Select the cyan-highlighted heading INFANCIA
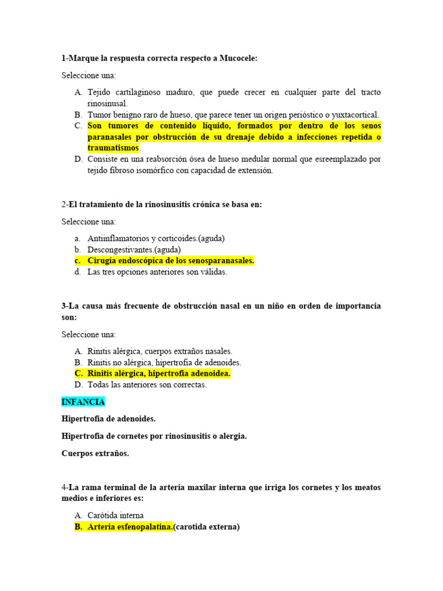point(83,402)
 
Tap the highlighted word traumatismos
point(113,148)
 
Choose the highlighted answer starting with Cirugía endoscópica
point(171,261)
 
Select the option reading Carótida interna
point(115,515)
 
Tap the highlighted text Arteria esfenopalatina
point(130,527)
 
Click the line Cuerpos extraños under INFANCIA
point(95,453)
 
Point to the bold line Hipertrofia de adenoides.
point(108,418)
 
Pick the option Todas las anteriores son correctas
point(147,384)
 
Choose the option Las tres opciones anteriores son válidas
point(157,272)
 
